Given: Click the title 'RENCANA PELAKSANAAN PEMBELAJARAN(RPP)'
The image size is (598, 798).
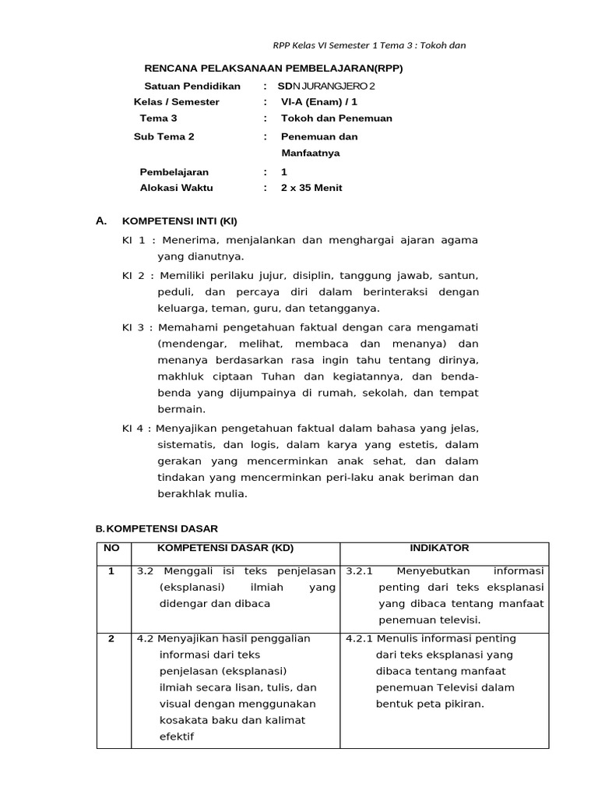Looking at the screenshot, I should [274, 69].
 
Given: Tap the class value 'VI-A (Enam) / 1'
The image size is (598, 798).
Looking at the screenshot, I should [320, 102].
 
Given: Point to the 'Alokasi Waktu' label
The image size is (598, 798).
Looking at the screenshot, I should [176, 188].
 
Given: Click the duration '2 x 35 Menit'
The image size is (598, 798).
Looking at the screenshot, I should [311, 188].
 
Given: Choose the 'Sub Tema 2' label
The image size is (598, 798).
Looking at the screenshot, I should [164, 136].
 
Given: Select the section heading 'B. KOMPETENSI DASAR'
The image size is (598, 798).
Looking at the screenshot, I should [157, 528].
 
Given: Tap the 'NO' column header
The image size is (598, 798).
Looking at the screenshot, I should [112, 549].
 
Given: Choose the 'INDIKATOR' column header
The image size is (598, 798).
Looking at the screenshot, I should [445, 549].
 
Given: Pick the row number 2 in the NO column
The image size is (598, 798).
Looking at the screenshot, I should [112, 638].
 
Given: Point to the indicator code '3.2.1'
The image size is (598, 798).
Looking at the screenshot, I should [361, 571].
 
